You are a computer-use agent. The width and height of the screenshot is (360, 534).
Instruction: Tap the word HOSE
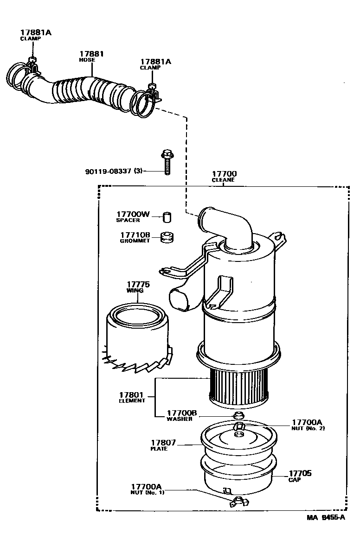pos(87,60)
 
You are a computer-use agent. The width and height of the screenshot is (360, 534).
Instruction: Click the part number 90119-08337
pos(109,171)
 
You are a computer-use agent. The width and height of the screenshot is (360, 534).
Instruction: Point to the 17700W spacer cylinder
pos(167,216)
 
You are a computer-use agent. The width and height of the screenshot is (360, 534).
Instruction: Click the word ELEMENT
pos(132,401)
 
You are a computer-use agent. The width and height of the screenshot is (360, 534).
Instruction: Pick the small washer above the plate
pos(239,413)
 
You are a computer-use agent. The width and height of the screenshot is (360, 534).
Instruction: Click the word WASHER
pos(179,419)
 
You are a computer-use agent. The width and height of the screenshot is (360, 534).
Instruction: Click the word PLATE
pos(159,449)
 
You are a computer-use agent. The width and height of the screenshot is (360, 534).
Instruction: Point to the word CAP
pos(294,480)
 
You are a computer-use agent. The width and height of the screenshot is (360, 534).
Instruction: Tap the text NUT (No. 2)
pos(308,428)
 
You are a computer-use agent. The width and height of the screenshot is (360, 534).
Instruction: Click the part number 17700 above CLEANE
pos(224,174)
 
